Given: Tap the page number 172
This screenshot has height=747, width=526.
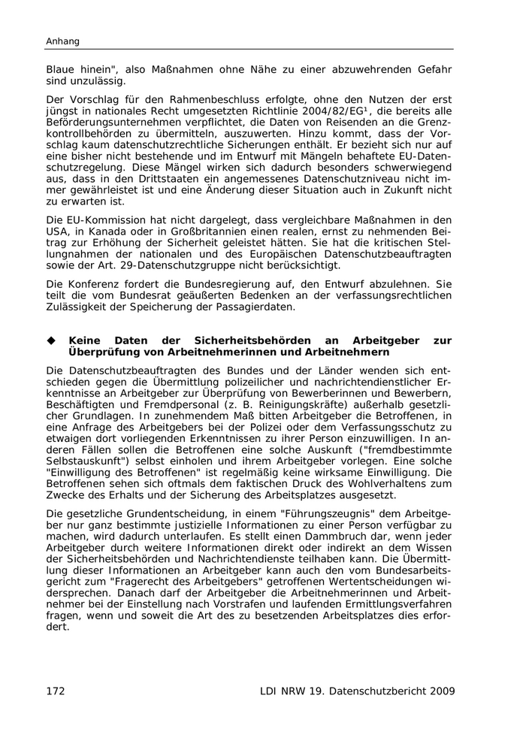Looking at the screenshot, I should tap(57, 691).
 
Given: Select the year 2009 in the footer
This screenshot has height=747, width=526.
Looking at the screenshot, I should tap(440, 691).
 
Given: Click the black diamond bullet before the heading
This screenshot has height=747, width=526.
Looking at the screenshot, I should tap(52, 340).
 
